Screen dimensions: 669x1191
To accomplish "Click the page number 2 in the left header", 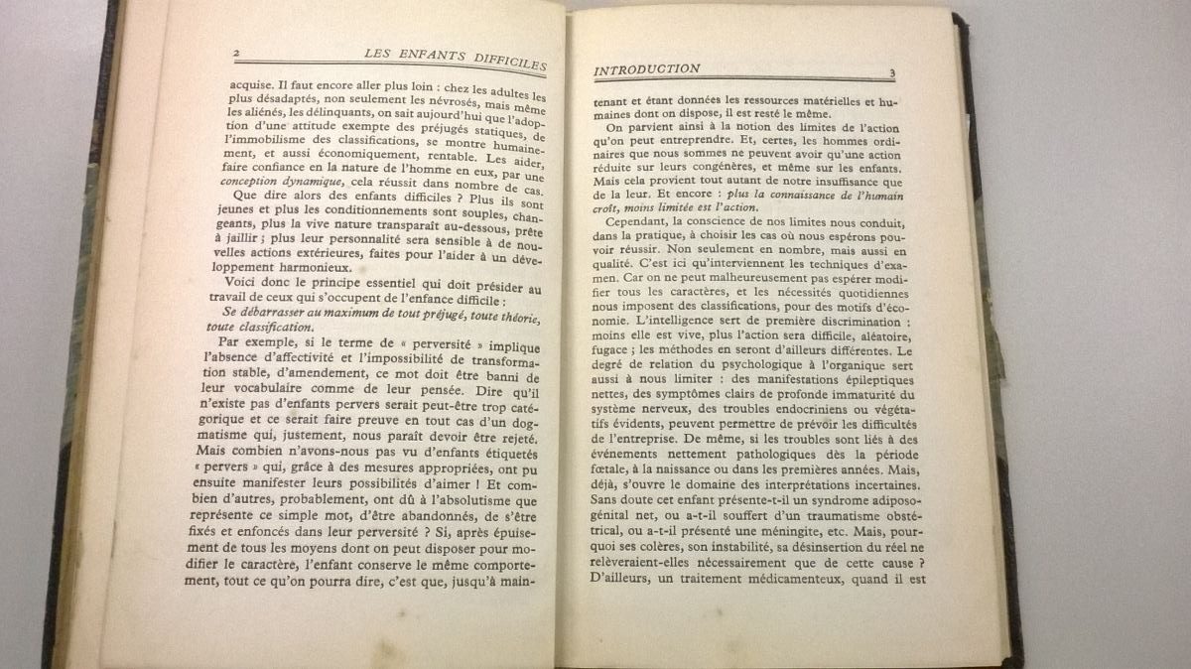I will click(234, 53).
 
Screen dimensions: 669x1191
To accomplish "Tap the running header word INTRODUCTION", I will click(646, 69).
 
